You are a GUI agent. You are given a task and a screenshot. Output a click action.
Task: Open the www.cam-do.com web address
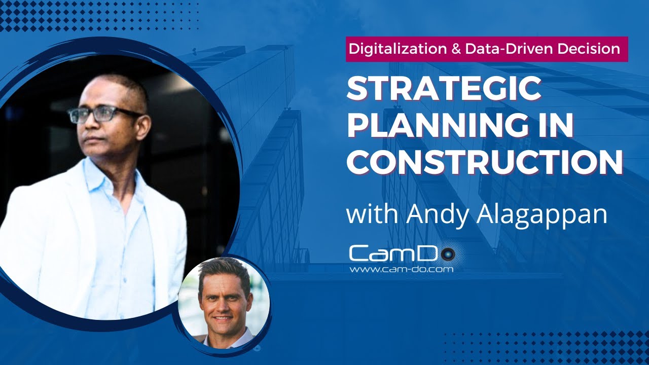[x=401, y=269]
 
